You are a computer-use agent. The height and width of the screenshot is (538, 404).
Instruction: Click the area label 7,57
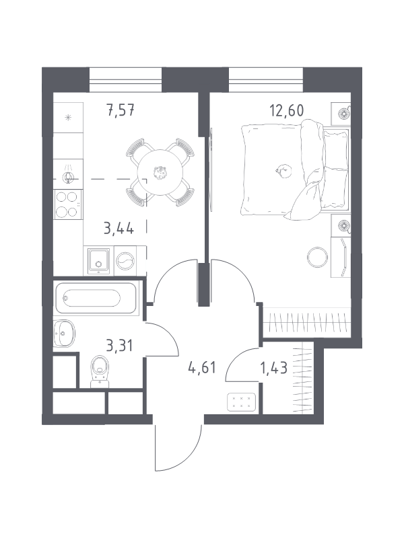coord(121,111)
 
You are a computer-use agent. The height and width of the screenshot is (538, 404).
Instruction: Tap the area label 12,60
coord(287,111)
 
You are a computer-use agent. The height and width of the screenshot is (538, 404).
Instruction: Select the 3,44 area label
coord(119,228)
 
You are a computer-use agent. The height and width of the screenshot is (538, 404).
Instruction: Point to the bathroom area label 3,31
coord(120,346)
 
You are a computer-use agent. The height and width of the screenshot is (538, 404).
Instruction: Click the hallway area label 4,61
coord(202,367)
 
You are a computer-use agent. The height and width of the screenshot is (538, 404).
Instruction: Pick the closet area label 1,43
coord(274,368)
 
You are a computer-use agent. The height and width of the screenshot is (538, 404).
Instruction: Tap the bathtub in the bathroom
coord(96,297)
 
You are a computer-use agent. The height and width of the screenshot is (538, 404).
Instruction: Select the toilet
coord(100,372)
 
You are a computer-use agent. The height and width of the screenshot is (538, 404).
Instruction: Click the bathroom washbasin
coord(64,333)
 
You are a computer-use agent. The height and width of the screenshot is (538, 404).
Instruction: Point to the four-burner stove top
coord(68,204)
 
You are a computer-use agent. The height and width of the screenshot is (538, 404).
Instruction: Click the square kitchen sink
coord(98,262)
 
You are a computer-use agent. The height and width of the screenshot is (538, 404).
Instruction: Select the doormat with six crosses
coord(241,402)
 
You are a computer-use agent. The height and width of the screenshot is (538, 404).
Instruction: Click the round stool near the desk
coord(317,257)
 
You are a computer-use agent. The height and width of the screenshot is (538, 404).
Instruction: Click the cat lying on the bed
coord(283,171)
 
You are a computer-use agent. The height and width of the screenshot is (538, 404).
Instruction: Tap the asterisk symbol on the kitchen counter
coord(69,118)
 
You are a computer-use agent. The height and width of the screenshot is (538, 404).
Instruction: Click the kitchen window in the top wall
coord(125,80)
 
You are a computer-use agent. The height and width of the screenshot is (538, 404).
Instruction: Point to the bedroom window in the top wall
coord(266,80)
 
